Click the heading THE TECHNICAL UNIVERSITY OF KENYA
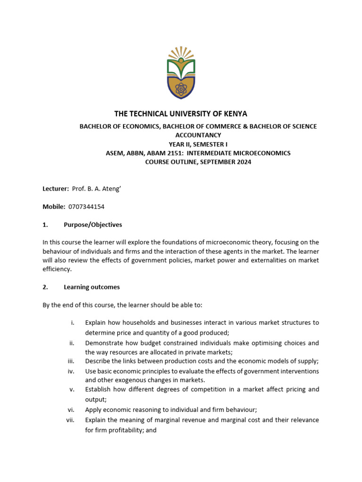coord(181,114)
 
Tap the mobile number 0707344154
coord(86,207)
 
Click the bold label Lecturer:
coord(56,189)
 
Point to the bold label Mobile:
coord(54,207)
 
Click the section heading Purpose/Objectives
coord(93,225)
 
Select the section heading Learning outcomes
coord(91,287)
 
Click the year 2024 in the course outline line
coord(243,162)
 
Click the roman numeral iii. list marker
coord(71,361)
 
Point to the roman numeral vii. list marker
coord(70,420)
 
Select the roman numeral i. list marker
coord(73,323)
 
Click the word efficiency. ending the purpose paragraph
coord(57,269)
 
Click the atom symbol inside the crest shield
coord(181,88)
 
